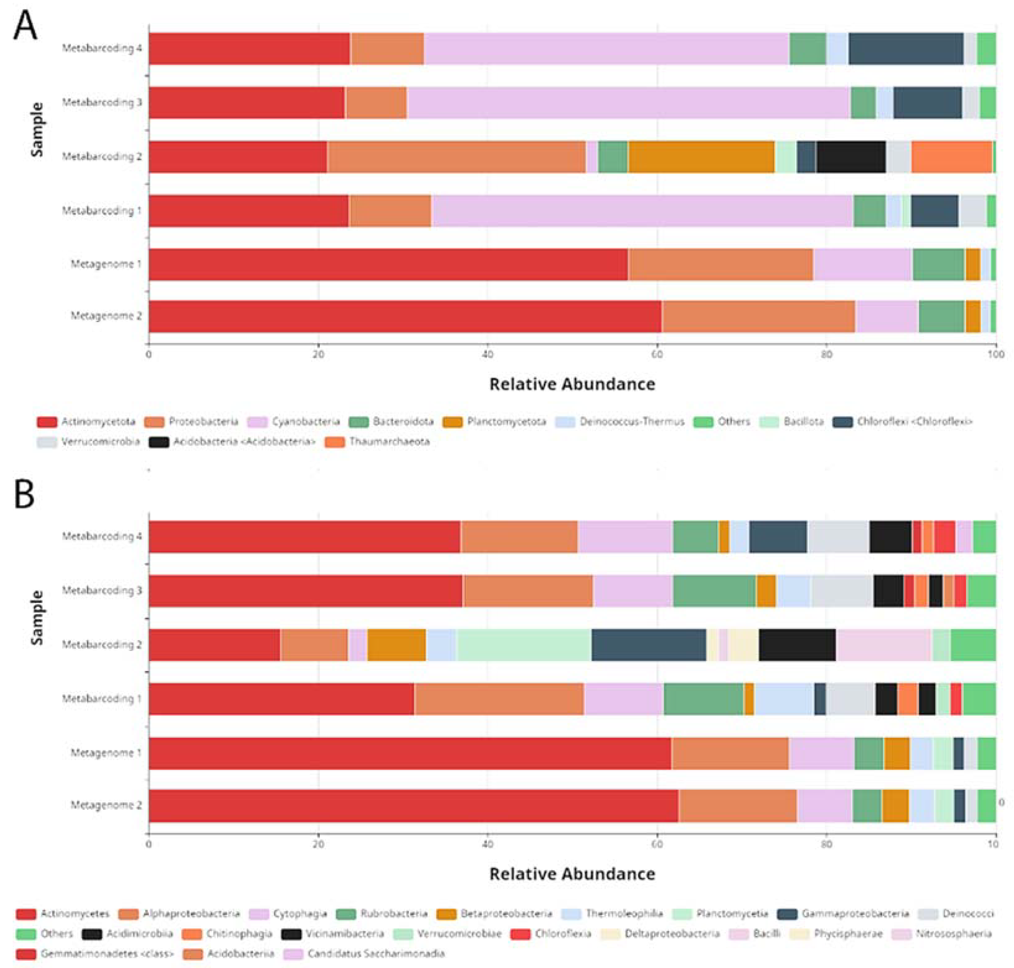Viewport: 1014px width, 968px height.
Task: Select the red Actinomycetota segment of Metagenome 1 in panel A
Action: coord(387,264)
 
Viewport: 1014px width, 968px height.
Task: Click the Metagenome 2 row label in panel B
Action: coord(106,805)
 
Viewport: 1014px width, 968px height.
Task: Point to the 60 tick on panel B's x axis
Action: coord(657,844)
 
